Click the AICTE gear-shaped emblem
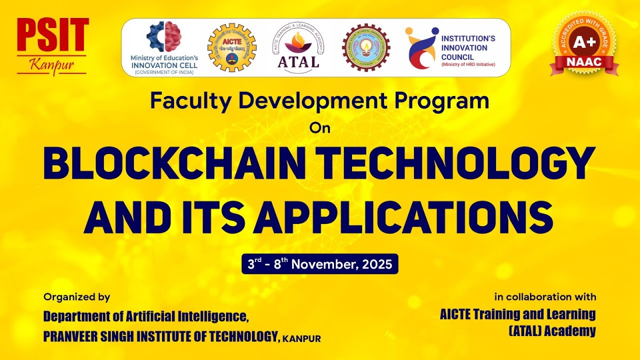tap(231, 47)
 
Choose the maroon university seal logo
tap(365, 47)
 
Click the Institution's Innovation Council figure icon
tap(420, 47)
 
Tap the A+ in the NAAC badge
tap(584, 43)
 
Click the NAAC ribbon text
tap(584, 62)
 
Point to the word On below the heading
tap(320, 128)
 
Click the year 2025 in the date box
tap(377, 264)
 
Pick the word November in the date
tap(324, 264)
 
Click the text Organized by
tap(76, 297)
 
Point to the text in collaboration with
tap(545, 297)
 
